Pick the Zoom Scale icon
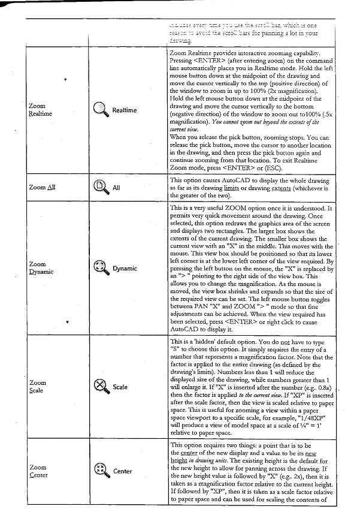[101, 387]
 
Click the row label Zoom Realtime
[40, 110]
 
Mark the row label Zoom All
[42, 188]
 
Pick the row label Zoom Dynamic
[41, 268]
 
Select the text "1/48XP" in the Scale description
[305, 417]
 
